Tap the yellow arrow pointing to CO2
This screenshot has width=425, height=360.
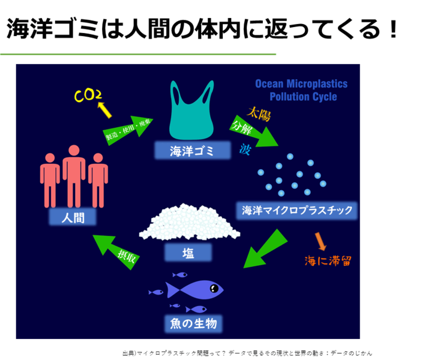103,109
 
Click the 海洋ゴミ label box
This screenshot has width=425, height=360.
192,151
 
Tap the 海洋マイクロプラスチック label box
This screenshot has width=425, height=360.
297,211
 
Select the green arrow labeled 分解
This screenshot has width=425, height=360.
253,131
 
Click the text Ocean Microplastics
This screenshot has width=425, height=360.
301,84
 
